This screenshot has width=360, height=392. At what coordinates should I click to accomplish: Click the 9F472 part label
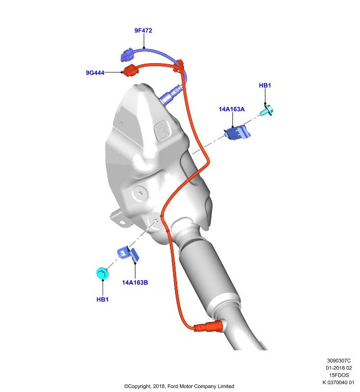[x=143, y=30]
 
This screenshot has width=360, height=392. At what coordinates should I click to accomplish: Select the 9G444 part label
[x=95, y=73]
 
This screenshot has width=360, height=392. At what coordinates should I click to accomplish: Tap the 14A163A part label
[x=231, y=109]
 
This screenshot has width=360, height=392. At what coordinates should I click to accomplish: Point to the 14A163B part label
[x=135, y=283]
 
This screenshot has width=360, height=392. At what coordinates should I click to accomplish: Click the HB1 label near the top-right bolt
[x=265, y=85]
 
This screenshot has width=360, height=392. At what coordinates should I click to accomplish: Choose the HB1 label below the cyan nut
[x=103, y=299]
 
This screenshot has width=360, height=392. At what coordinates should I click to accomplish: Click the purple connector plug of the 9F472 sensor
[x=128, y=55]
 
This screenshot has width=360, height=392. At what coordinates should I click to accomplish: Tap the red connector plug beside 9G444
[x=130, y=70]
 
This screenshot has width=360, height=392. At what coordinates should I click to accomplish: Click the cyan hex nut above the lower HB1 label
[x=103, y=273]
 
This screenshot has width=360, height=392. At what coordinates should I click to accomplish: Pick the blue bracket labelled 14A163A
[x=237, y=133]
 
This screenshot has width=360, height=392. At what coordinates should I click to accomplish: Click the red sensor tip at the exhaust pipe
[x=209, y=326]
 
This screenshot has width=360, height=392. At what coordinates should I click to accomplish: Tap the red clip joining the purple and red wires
[x=180, y=66]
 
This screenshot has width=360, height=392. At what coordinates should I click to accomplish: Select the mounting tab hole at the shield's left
[x=122, y=222]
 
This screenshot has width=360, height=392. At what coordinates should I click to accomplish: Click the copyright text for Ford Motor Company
[x=179, y=386]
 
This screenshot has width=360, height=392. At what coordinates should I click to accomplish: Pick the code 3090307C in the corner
[x=339, y=361]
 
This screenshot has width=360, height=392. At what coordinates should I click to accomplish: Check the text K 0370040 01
[x=338, y=382]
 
